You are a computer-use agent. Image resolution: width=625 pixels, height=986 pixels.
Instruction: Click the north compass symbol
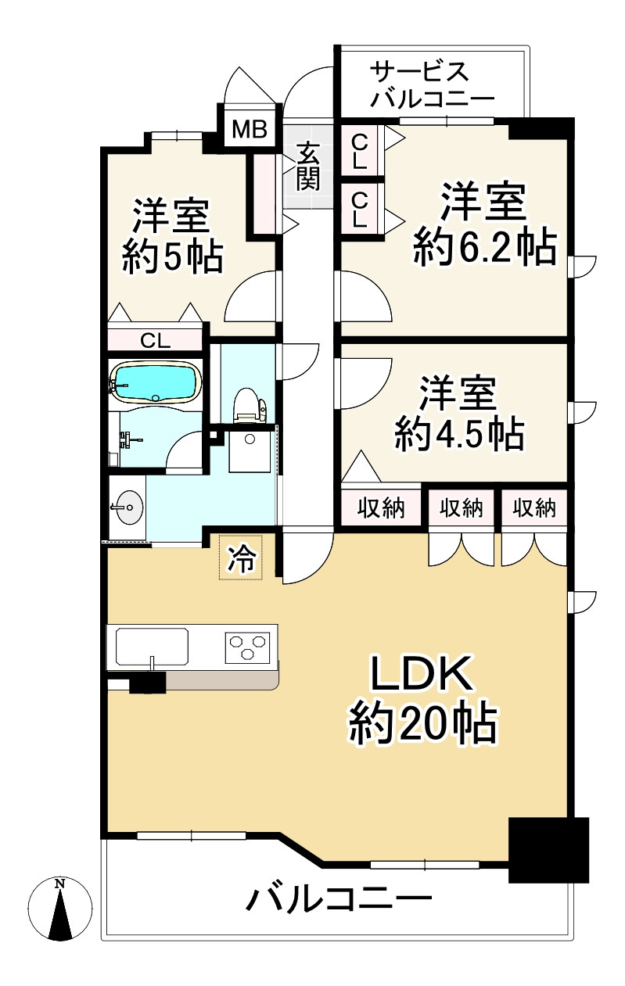click(59, 909)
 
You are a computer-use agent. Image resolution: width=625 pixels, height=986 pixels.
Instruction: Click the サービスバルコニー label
click(432, 85)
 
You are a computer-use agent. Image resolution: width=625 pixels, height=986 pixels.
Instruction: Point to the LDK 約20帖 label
click(422, 699)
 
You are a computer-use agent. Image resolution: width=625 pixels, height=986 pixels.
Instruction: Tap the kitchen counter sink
click(152, 647)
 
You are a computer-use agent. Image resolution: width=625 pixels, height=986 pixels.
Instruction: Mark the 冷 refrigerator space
click(242, 558)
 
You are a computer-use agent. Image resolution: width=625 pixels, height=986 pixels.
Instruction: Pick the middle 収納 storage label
click(460, 508)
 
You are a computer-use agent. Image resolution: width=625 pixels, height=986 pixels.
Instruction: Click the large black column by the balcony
click(548, 850)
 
